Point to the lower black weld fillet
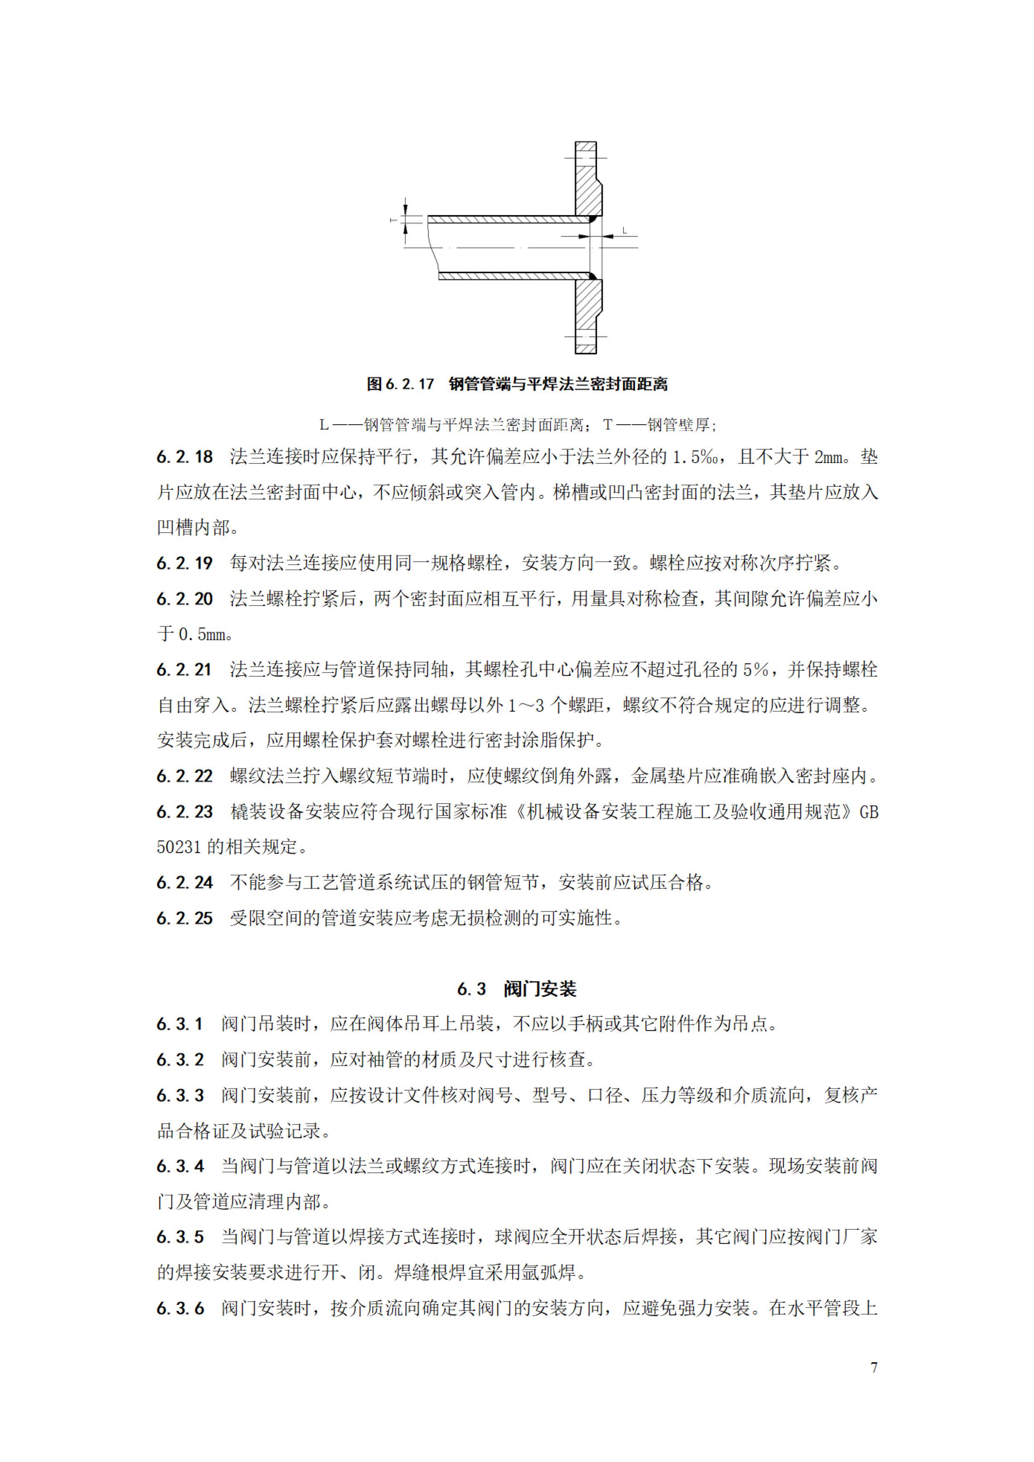tap(593, 276)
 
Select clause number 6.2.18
tap(185, 457)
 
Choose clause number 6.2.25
tap(185, 918)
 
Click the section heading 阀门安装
tap(539, 989)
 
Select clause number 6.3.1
tap(180, 1024)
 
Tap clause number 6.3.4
tap(180, 1166)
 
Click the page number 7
tap(874, 1367)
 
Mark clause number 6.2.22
tap(185, 776)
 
